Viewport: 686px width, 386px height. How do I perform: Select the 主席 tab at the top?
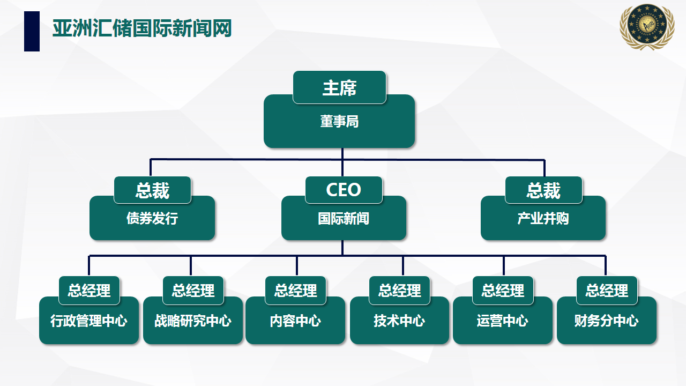click(x=339, y=87)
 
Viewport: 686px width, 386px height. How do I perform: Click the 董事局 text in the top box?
click(x=339, y=122)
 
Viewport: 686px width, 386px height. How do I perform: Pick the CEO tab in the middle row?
click(x=344, y=190)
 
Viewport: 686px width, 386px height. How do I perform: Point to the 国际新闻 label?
click(x=344, y=219)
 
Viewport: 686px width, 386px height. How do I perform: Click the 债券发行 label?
click(x=152, y=219)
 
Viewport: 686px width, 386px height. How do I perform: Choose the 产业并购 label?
click(x=543, y=219)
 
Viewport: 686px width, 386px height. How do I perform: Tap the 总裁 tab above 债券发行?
click(x=152, y=190)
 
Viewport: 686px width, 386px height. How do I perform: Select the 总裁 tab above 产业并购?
click(x=543, y=190)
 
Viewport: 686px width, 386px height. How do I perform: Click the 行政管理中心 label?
click(x=89, y=321)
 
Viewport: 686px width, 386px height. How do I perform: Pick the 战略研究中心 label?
click(x=193, y=321)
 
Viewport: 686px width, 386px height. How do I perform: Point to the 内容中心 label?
click(x=295, y=321)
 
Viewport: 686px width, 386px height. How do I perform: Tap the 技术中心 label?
click(x=399, y=321)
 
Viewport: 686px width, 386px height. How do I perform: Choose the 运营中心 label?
click(x=503, y=321)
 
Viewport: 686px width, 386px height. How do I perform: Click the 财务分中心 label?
click(x=607, y=321)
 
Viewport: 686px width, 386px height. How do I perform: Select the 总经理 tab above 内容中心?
click(x=296, y=291)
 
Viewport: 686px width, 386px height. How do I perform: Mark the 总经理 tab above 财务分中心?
click(x=607, y=291)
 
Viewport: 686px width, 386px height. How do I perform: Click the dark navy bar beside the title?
click(x=32, y=32)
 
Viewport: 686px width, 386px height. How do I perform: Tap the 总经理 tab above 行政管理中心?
click(x=89, y=291)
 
